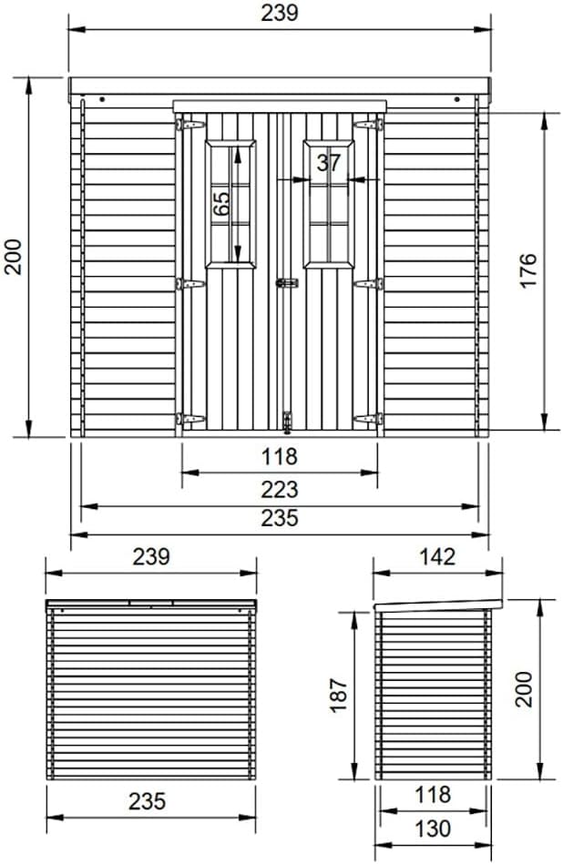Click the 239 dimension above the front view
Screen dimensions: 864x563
[x=280, y=13]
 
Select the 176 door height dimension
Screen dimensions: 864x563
[x=529, y=271]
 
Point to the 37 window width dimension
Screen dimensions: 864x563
[x=329, y=164]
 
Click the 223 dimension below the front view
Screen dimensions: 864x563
[x=280, y=490]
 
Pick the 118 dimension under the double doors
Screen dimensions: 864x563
[x=280, y=456]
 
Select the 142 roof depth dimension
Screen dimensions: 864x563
[x=438, y=557]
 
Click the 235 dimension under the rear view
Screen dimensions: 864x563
[x=148, y=801]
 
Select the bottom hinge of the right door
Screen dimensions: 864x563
[x=368, y=419]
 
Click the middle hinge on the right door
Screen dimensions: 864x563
[x=368, y=284]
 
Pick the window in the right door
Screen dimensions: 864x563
[x=329, y=203]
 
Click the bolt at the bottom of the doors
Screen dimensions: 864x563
[x=289, y=420]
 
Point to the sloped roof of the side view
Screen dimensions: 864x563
[x=438, y=605]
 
